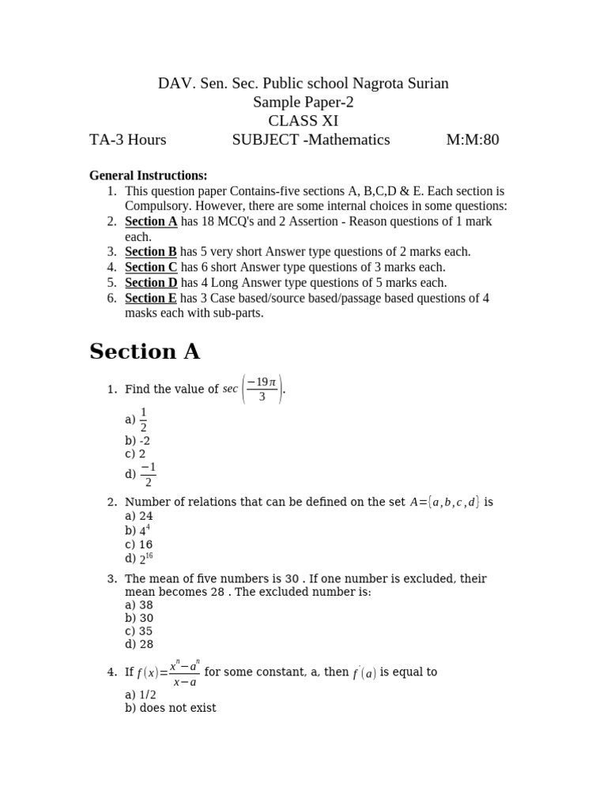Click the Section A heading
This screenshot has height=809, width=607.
tap(145, 352)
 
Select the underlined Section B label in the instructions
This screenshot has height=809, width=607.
tap(151, 252)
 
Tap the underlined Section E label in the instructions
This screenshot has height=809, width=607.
tap(151, 298)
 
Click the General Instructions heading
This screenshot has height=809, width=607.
tap(149, 175)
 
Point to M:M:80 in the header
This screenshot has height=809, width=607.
tap(473, 141)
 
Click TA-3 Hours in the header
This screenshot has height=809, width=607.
tap(128, 141)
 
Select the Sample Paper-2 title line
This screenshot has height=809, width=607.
tap(303, 102)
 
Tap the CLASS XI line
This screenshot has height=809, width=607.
tap(303, 121)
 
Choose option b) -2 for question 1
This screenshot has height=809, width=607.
tap(138, 441)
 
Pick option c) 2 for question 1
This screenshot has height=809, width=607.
tap(135, 454)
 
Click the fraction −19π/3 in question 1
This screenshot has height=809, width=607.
tap(262, 389)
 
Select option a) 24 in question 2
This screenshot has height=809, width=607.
tap(139, 516)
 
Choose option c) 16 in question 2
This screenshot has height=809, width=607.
tap(139, 545)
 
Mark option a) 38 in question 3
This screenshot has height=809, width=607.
tap(139, 605)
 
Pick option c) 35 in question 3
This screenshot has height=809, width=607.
tap(139, 631)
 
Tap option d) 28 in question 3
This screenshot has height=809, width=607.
tap(139, 645)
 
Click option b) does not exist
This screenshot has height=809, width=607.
tap(171, 708)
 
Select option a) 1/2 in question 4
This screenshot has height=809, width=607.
tap(141, 695)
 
